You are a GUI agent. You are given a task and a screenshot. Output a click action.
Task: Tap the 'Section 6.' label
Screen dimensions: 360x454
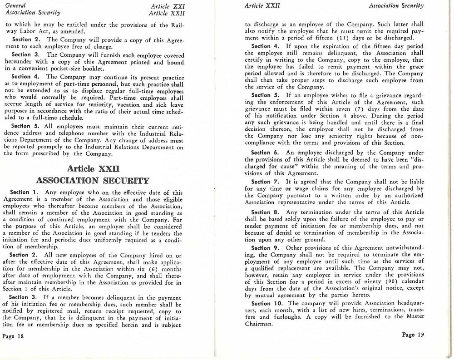pos(267,153)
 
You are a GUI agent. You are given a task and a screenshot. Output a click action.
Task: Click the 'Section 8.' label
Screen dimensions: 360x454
pos(267,212)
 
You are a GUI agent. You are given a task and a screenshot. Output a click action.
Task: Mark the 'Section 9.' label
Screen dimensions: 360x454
pos(267,248)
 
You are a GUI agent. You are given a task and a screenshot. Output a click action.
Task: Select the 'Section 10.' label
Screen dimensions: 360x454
pos(269,303)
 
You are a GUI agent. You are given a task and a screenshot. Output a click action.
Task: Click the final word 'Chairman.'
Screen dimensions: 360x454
pos(258,324)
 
